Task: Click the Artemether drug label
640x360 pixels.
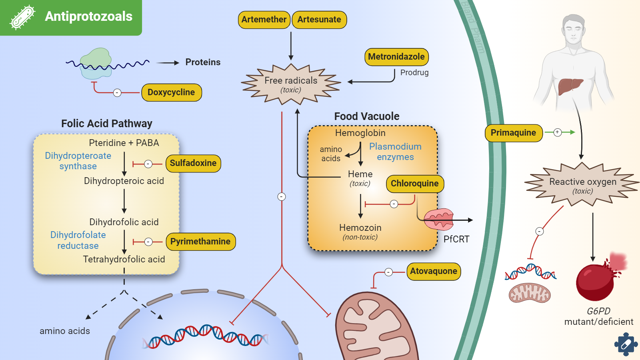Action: (x=264, y=20)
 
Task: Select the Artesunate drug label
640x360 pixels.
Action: (x=319, y=20)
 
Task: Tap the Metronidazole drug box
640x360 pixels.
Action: (x=396, y=57)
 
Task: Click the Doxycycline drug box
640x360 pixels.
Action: (x=171, y=92)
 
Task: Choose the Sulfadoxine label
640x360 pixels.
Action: (x=193, y=163)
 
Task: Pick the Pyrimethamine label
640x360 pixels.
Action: (x=200, y=242)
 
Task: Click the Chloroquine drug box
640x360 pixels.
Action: (x=415, y=184)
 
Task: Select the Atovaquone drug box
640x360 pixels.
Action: (x=434, y=271)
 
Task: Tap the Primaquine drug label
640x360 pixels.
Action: (x=514, y=133)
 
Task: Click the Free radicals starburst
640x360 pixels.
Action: (x=291, y=84)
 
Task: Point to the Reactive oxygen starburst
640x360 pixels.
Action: (x=583, y=185)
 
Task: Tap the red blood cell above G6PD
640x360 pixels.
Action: (x=595, y=282)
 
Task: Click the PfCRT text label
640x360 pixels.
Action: (x=456, y=239)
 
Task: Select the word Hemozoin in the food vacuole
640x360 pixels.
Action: (x=360, y=228)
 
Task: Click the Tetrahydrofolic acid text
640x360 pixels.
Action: (x=124, y=259)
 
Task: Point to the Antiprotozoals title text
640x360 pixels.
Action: (x=88, y=16)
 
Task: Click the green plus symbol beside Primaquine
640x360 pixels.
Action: (x=558, y=132)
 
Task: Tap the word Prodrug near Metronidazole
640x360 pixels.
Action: (x=414, y=72)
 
